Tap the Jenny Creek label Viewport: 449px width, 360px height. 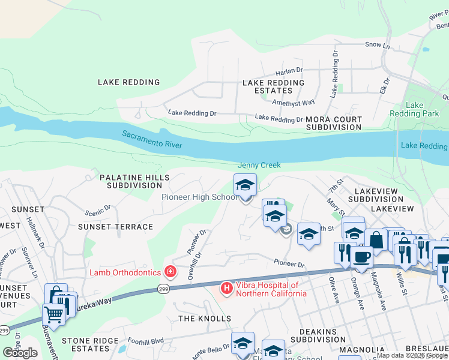point(259,165)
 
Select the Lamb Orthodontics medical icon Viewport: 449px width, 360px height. point(170,272)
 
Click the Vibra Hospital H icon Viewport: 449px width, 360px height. point(227,289)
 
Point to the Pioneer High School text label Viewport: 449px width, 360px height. point(199,197)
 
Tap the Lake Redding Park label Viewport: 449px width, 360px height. point(423,109)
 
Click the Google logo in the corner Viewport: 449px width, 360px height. point(20,353)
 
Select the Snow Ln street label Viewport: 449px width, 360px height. point(378,45)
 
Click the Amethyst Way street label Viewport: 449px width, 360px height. point(294,103)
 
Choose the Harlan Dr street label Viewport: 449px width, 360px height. point(289,71)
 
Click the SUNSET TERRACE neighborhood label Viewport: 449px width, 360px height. point(115,227)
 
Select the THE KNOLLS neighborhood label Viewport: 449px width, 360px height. point(204,318)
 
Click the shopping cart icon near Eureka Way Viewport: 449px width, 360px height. point(53,313)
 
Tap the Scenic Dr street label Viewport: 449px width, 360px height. point(98,211)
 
